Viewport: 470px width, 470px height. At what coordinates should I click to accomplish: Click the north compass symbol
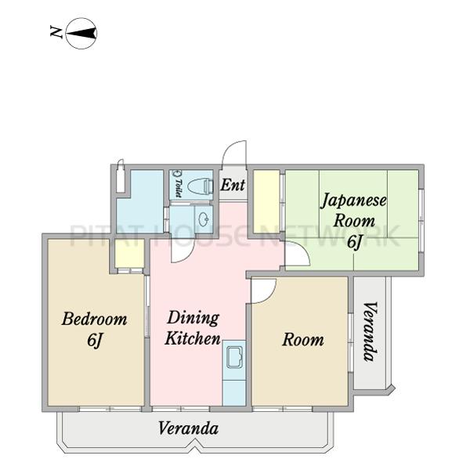tap(81, 33)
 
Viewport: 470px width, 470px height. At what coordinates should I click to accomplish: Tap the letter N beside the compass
tap(56, 32)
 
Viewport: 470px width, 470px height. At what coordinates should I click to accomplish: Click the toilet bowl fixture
tap(200, 186)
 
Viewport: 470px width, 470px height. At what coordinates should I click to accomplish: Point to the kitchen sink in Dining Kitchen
tap(234, 356)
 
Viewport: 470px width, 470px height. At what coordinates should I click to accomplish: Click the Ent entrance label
tap(233, 185)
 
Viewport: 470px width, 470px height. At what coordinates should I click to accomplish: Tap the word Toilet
tap(179, 188)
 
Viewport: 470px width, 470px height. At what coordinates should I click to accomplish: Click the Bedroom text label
tap(95, 319)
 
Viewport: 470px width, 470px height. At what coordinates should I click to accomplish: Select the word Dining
tap(193, 319)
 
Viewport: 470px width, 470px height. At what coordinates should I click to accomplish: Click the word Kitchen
tap(193, 338)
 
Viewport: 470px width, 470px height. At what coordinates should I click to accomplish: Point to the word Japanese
tap(354, 201)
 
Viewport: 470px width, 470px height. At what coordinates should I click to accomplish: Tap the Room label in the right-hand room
tap(303, 340)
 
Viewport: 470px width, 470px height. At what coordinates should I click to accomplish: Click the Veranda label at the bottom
tap(188, 428)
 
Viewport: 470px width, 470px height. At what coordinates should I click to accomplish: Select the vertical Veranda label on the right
tap(371, 332)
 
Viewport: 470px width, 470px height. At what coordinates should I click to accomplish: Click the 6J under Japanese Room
tap(355, 241)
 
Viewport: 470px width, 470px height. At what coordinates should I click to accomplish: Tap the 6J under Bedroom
tap(95, 340)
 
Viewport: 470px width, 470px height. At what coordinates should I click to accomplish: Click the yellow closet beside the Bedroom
tap(129, 253)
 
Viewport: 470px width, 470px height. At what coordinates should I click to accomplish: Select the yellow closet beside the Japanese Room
tap(266, 201)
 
